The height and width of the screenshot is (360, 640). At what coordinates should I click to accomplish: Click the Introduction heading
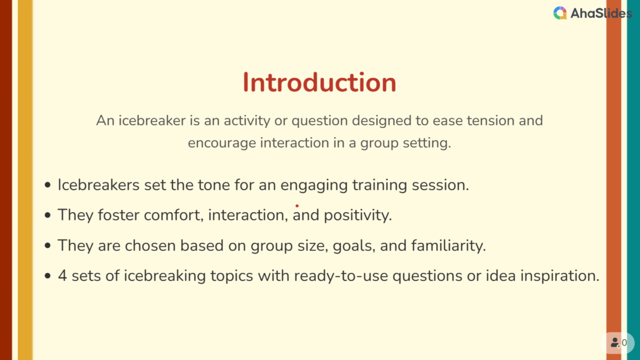coord(319,83)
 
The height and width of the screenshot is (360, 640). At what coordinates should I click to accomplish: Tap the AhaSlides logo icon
coord(560,13)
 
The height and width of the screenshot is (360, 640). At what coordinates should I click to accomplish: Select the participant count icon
coord(615,343)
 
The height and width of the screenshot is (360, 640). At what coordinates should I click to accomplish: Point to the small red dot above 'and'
coord(297,205)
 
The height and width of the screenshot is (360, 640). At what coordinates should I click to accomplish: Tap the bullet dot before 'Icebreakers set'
coord(48,185)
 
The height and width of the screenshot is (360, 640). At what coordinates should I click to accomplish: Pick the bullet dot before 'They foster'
coord(48,215)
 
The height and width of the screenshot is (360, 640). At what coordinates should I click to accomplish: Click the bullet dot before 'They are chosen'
coord(48,246)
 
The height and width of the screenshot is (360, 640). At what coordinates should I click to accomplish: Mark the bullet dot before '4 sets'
coord(48,276)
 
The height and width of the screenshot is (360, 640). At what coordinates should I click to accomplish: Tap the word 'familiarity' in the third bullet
coord(449,245)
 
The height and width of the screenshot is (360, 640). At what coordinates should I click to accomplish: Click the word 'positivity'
coord(358,215)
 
